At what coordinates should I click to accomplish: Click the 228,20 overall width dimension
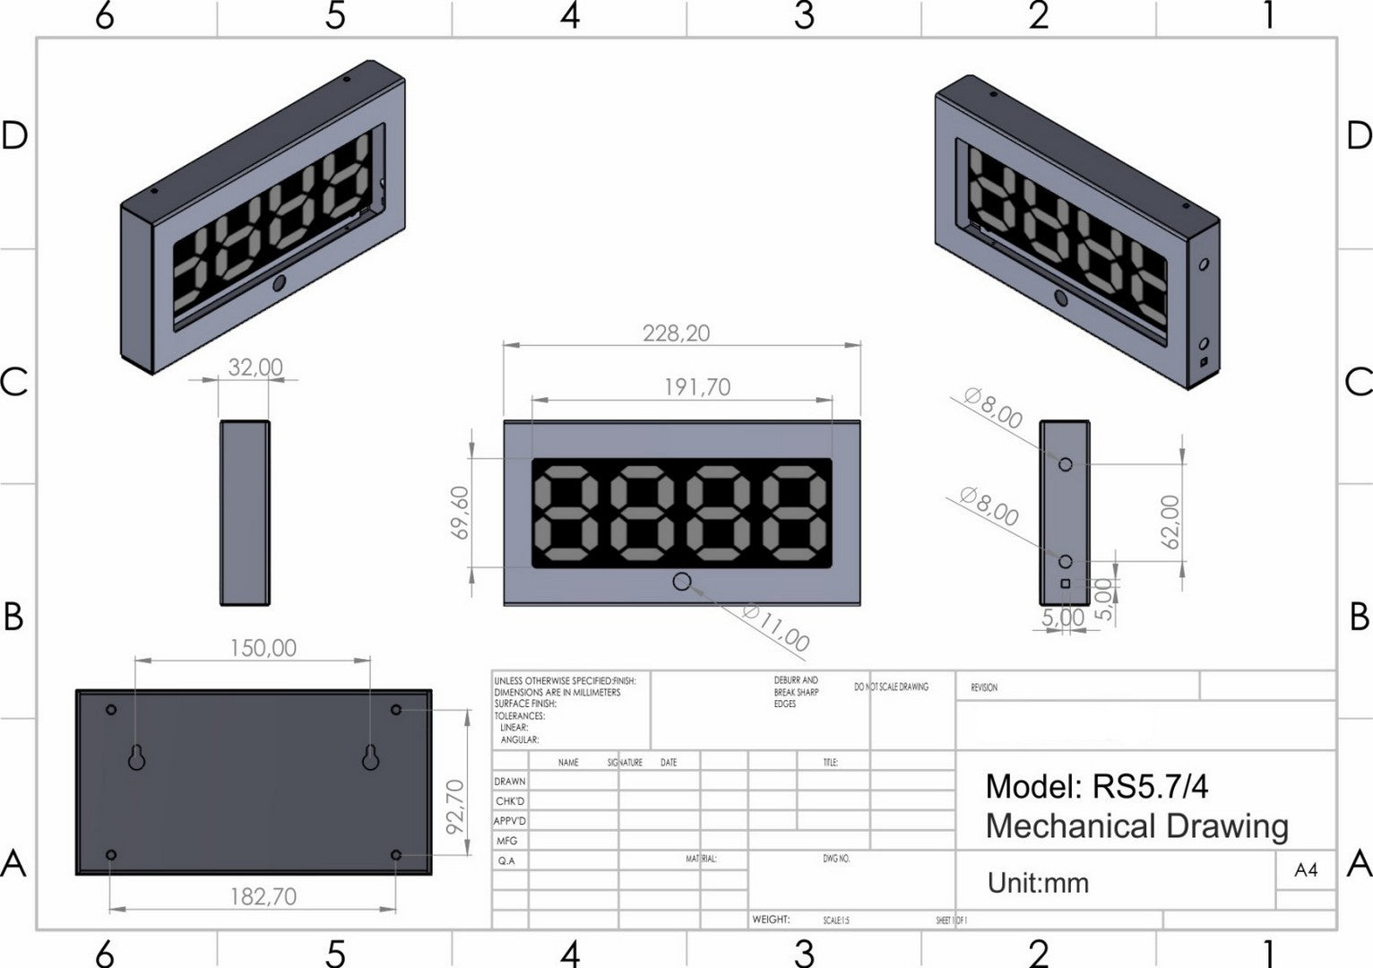click(676, 333)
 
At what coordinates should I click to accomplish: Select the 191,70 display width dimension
click(696, 387)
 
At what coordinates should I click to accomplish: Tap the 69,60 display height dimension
click(461, 513)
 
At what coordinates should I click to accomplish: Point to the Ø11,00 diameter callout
click(776, 627)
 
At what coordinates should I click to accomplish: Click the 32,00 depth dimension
click(255, 367)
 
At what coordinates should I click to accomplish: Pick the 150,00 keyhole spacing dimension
click(263, 648)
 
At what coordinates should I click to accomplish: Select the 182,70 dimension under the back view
click(263, 896)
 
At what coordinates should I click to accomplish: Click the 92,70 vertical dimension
click(455, 807)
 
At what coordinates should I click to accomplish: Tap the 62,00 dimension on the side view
click(1170, 522)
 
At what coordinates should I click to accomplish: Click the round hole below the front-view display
click(682, 582)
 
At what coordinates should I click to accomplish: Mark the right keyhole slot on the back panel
click(371, 758)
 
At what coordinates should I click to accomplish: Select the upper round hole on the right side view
click(1066, 464)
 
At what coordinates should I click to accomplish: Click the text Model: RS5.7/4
click(1096, 787)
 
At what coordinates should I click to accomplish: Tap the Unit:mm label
click(1038, 884)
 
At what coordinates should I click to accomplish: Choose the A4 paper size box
click(1306, 870)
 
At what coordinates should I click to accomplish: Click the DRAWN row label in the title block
click(510, 782)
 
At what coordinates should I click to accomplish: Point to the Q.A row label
click(507, 860)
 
